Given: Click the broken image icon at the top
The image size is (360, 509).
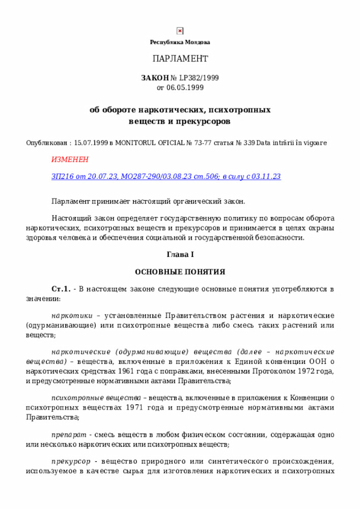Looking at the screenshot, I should tap(180, 31).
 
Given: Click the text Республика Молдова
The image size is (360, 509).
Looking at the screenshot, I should tap(180, 42).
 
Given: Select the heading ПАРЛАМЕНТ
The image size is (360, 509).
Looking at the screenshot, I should tap(180, 58).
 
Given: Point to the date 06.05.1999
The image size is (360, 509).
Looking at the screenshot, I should tap(185, 88).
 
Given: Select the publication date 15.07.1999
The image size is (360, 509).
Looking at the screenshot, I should tap(91, 143).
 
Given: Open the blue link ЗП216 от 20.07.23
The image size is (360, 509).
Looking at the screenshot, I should tap(84, 177).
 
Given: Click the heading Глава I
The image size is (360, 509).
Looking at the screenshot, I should tap(180, 254).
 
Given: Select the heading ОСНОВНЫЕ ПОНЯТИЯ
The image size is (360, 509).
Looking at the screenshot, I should tap(180, 272).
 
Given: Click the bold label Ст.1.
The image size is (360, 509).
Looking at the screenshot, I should tap(60, 289).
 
